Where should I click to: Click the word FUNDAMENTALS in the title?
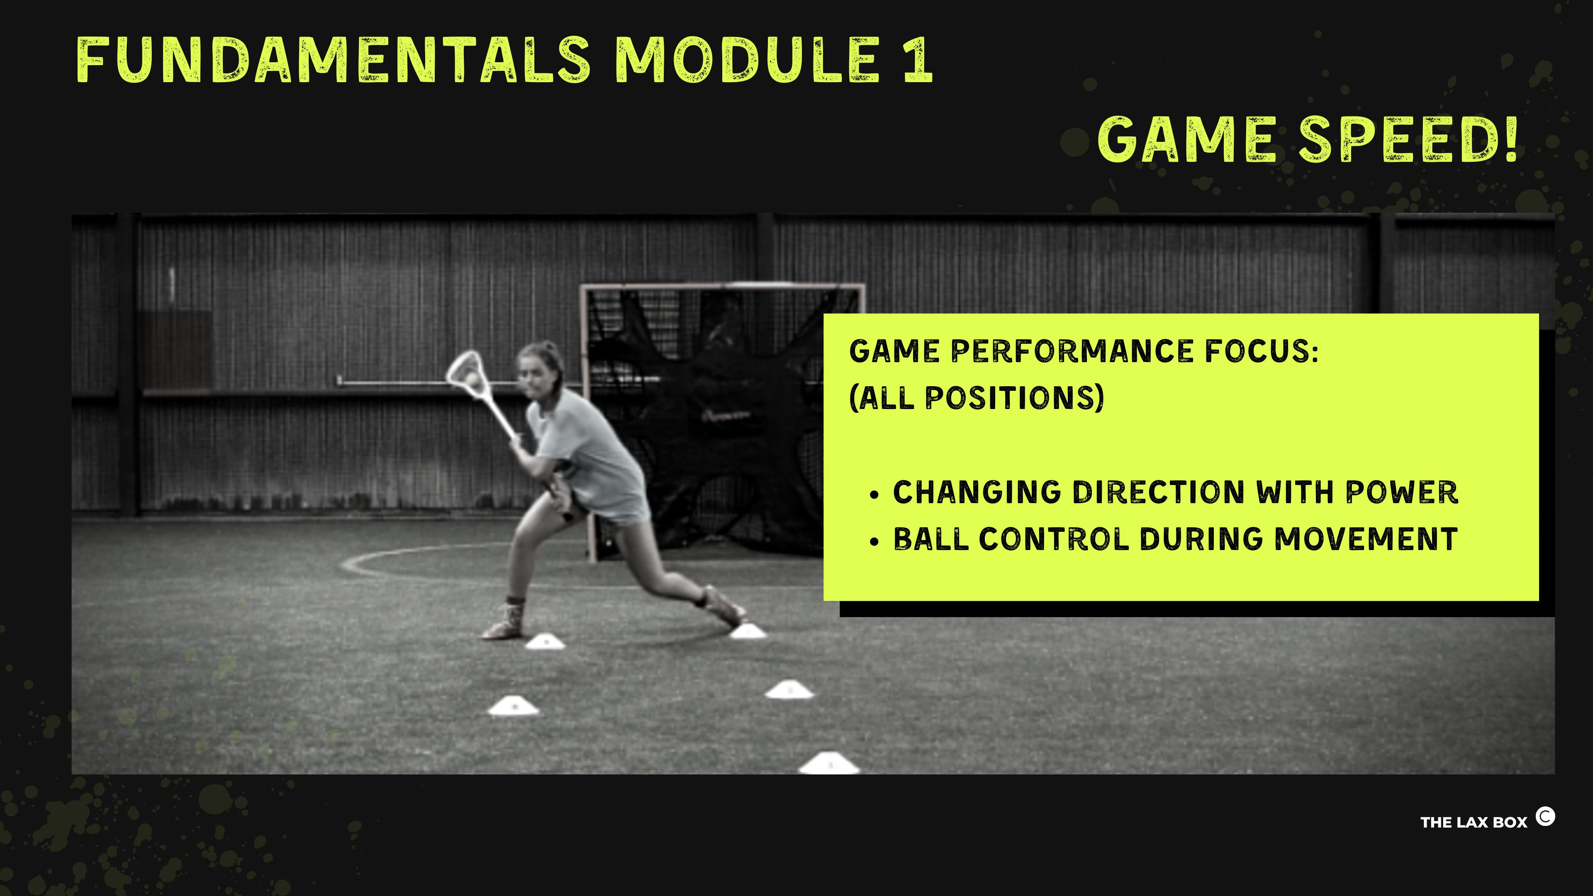click(x=333, y=60)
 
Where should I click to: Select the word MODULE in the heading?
click(x=748, y=60)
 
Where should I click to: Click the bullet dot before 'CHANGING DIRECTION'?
click(x=874, y=495)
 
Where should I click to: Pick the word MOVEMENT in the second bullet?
click(x=1366, y=539)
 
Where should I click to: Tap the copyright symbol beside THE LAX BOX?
click(x=1545, y=817)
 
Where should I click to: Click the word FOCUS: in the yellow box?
click(x=1261, y=351)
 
